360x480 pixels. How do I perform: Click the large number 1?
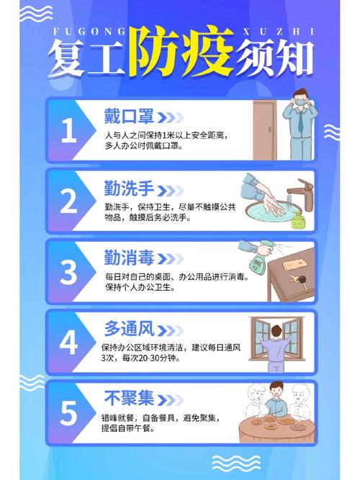tap(68, 130)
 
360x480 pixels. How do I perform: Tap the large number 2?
tap(68, 201)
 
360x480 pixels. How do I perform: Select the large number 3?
tap(68, 272)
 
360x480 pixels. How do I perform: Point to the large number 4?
tap(68, 343)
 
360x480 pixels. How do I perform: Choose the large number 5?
tap(68, 413)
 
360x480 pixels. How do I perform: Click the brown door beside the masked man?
tap(264, 130)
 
